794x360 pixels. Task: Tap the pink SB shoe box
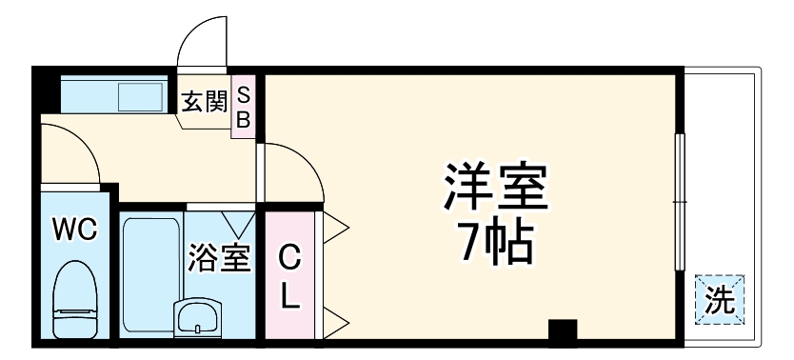[243, 106]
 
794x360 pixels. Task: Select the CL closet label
[290, 276]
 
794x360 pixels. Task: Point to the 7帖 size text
[494, 245]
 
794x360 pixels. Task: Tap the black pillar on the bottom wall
[563, 331]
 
